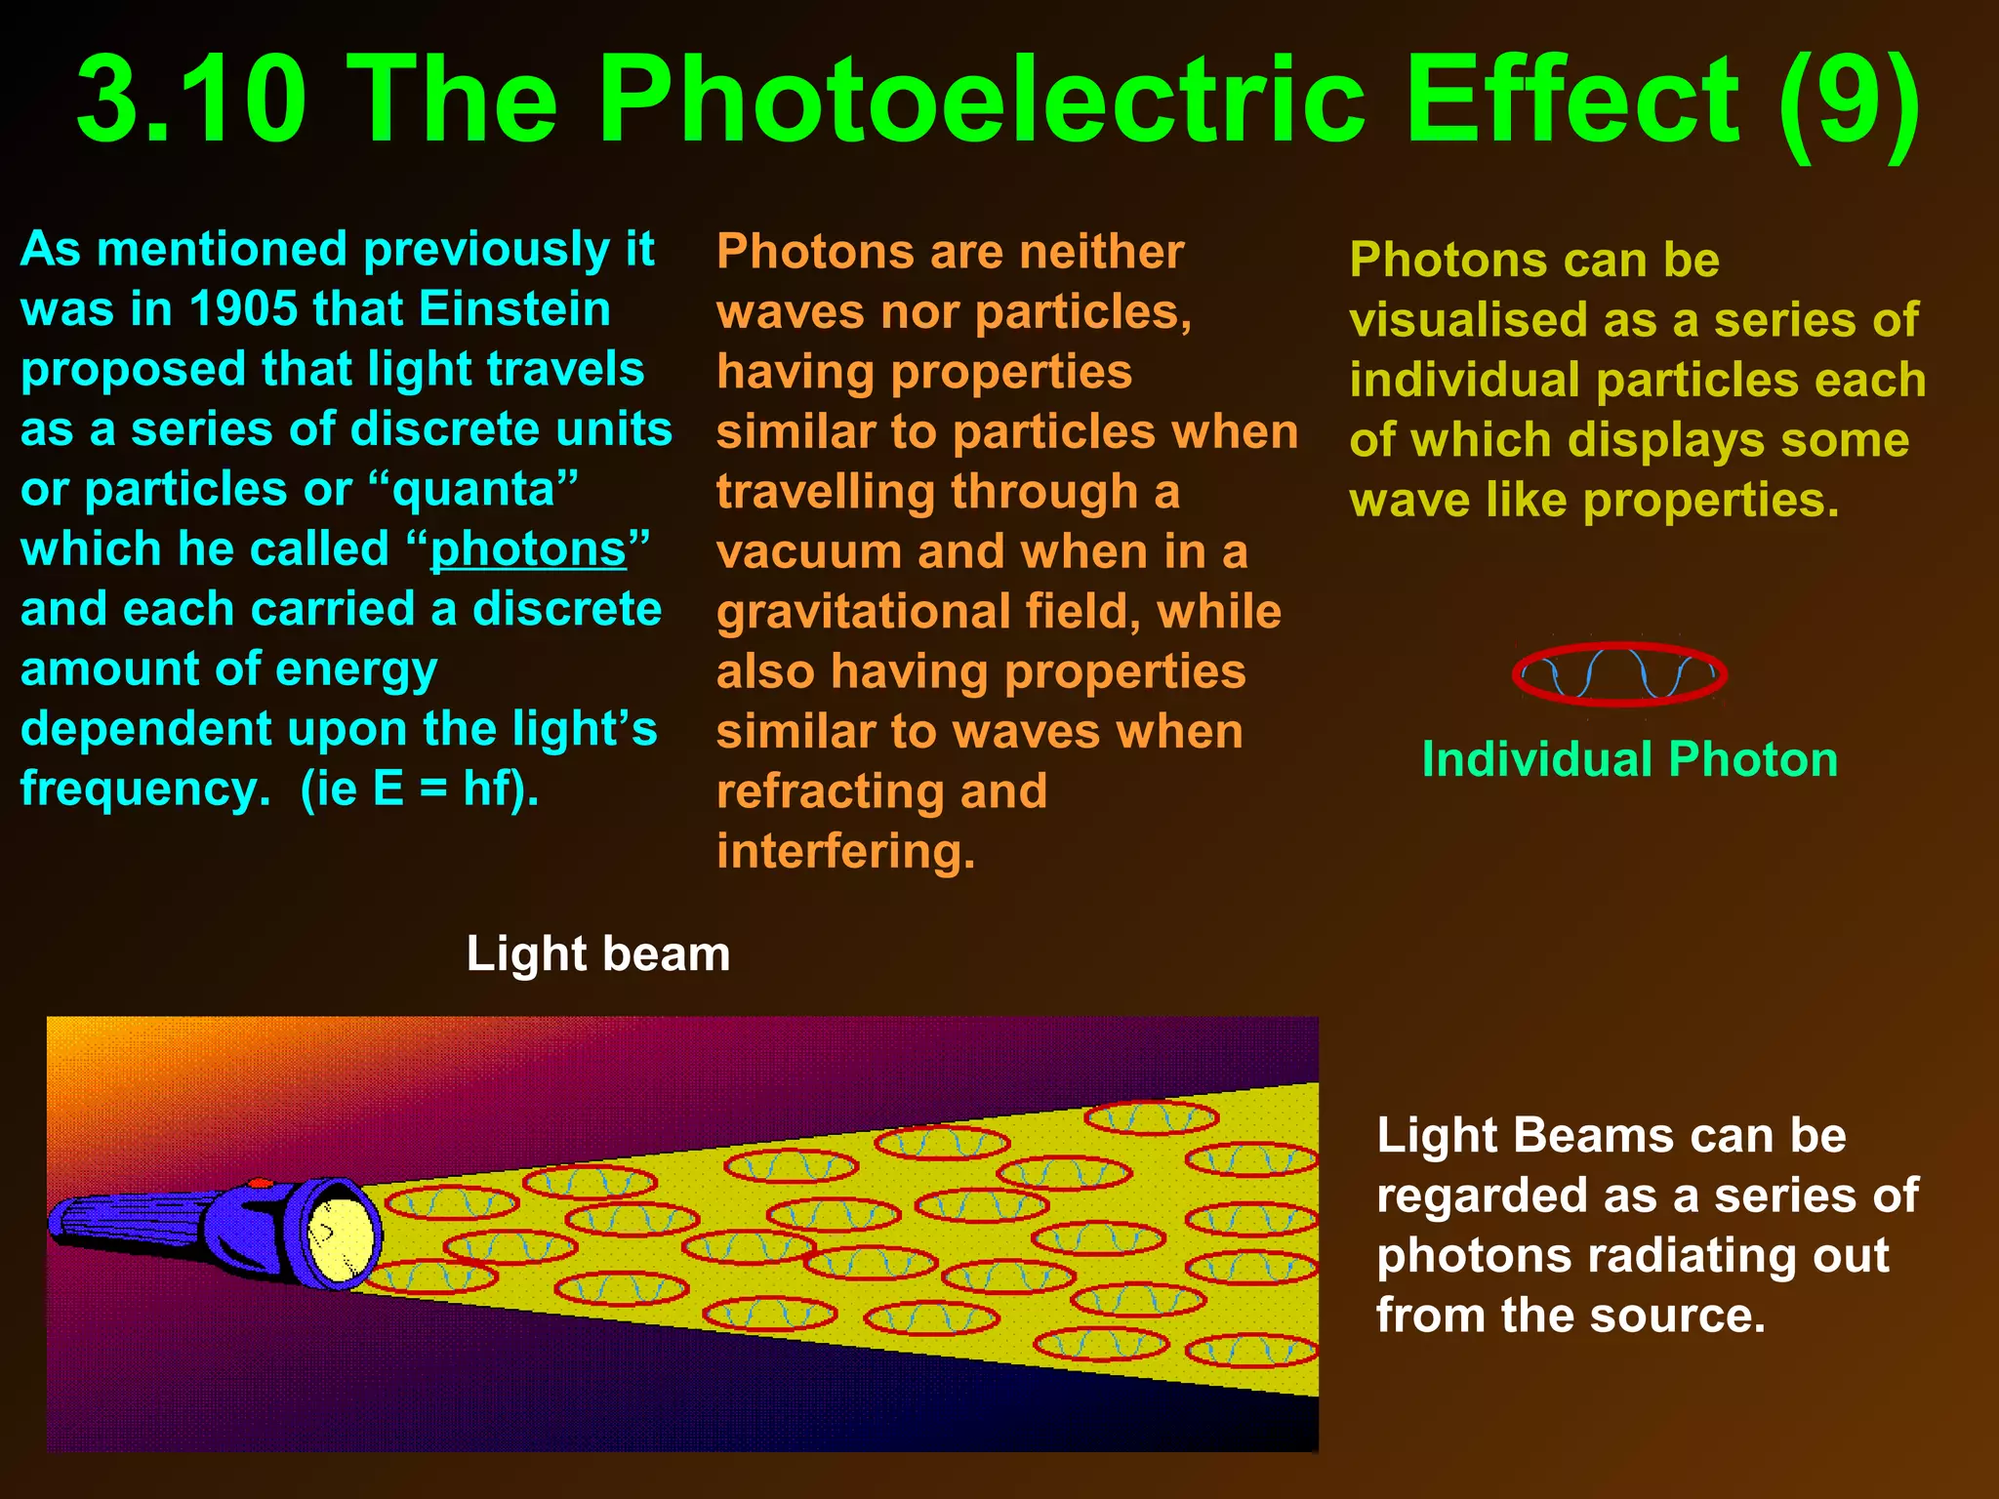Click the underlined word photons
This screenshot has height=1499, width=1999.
pyautogui.click(x=528, y=549)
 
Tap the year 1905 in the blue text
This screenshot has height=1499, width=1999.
pyautogui.click(x=243, y=309)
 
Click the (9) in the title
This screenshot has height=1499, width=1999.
pyautogui.click(x=1849, y=100)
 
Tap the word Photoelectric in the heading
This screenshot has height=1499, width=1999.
pyautogui.click(x=981, y=100)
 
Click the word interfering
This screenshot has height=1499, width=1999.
pyautogui.click(x=845, y=851)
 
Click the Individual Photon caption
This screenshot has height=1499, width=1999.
pyautogui.click(x=1629, y=759)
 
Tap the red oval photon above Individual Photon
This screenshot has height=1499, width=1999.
pyautogui.click(x=1619, y=673)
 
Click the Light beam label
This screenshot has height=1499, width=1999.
pyautogui.click(x=597, y=953)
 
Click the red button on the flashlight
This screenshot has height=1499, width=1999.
pyautogui.click(x=260, y=1184)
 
